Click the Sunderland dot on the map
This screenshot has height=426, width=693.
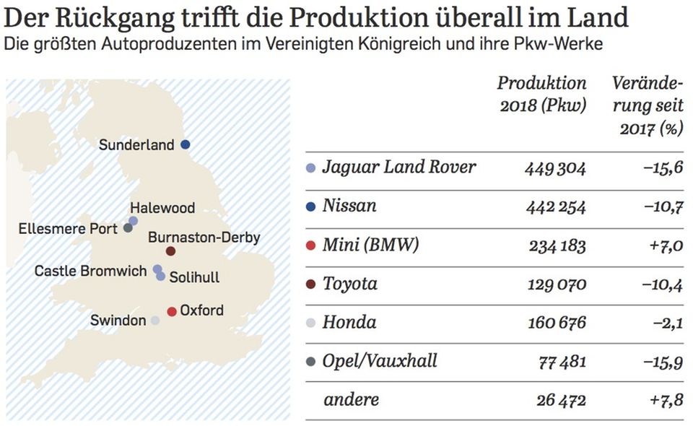tap(185, 144)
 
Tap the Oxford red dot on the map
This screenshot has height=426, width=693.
tap(172, 311)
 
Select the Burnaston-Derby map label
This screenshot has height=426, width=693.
tap(204, 237)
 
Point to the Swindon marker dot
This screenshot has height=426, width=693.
tap(155, 321)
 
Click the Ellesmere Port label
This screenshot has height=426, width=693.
tap(68, 229)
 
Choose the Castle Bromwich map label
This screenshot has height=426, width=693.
tap(91, 271)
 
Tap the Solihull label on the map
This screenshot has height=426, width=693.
tap(194, 277)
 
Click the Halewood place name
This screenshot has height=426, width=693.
tap(162, 208)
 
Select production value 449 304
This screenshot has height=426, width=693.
tap(554, 168)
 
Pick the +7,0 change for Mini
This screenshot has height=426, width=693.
tap(665, 245)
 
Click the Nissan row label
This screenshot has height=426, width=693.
tap(349, 207)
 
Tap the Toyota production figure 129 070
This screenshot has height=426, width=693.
tap(554, 284)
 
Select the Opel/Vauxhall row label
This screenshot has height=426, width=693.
tap(380, 360)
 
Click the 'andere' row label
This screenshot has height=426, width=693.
tap(351, 399)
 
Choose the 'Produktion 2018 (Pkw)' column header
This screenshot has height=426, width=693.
tap(541, 94)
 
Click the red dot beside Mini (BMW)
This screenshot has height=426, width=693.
tap(311, 245)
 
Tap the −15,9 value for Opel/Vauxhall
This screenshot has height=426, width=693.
tap(662, 360)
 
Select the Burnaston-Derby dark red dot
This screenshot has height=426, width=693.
tap(170, 251)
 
